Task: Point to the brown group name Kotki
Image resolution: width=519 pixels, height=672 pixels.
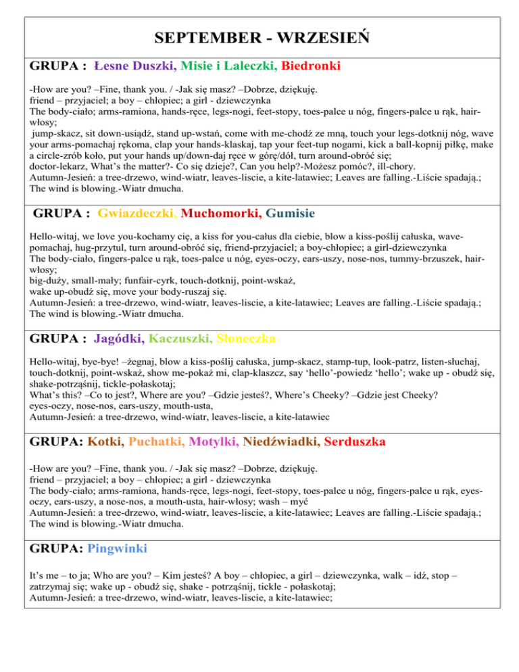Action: [105, 442]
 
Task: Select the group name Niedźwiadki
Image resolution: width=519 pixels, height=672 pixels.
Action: [280, 442]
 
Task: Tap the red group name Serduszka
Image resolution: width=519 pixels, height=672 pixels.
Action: [355, 442]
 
